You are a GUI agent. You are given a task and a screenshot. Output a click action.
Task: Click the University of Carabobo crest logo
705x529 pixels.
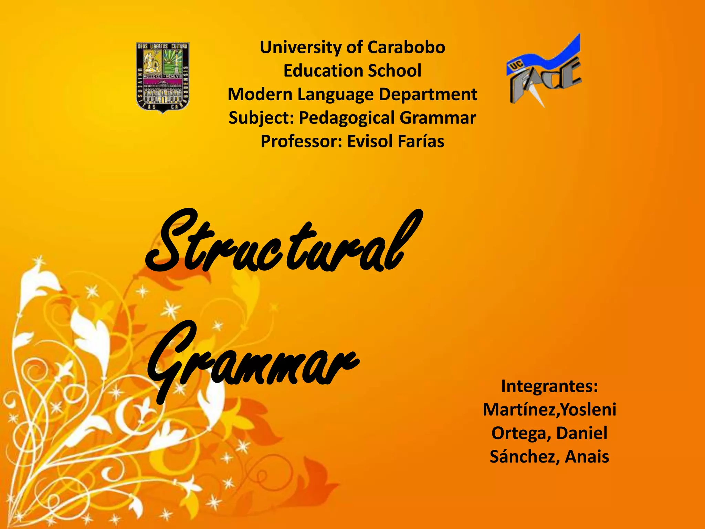click(163, 77)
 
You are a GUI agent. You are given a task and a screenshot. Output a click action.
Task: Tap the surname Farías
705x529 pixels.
click(421, 141)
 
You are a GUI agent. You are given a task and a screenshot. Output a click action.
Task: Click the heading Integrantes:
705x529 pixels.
click(549, 386)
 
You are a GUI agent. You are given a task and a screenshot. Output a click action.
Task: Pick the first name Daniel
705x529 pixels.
click(581, 433)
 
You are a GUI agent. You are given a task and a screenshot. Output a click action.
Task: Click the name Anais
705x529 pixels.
click(587, 457)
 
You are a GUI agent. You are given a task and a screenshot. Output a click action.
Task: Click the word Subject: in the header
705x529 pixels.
click(261, 118)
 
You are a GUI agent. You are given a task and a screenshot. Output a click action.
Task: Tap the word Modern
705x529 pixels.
click(260, 94)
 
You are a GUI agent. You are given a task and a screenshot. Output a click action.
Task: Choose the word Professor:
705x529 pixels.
click(301, 141)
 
